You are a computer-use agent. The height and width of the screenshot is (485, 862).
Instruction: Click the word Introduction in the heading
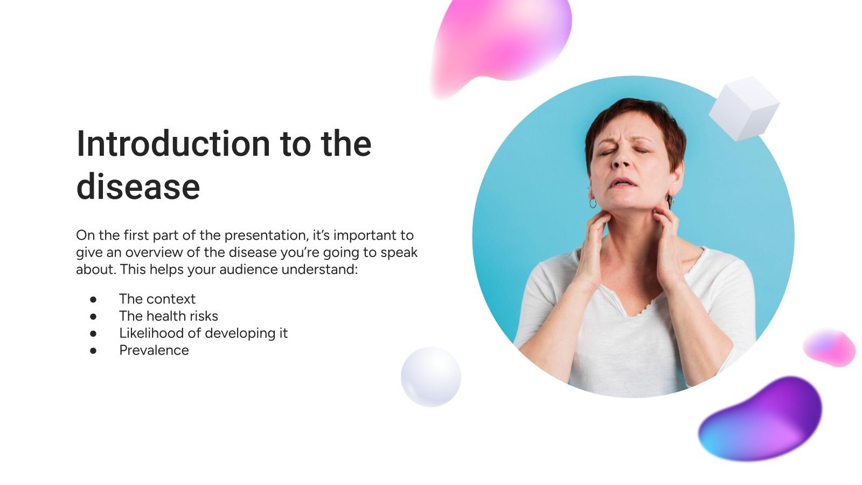tap(172, 144)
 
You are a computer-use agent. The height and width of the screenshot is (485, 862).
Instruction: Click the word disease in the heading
tap(138, 187)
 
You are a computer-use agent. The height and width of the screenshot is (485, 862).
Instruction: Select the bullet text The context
tap(157, 299)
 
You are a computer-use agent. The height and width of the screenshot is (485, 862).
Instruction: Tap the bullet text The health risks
tap(168, 316)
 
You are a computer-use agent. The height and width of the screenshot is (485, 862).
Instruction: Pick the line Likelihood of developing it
tap(203, 333)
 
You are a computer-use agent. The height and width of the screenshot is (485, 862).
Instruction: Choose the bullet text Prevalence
tap(154, 350)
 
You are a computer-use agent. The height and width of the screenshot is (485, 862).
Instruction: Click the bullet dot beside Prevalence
tap(93, 350)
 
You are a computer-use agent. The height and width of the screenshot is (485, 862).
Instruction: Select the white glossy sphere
tap(430, 376)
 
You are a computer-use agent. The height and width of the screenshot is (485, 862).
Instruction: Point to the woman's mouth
tap(624, 182)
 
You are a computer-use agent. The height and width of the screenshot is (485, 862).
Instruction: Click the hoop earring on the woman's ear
tap(593, 203)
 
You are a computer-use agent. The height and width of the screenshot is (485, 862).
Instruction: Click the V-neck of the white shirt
tap(625, 307)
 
